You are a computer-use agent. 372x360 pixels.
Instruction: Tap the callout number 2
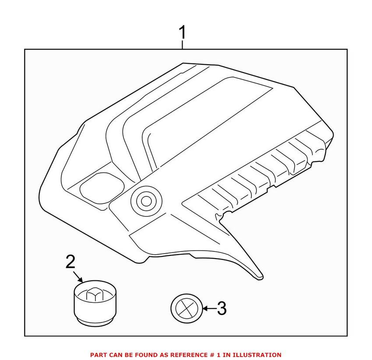70,262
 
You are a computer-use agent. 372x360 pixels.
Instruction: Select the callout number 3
222,309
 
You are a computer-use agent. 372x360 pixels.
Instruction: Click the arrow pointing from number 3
208,309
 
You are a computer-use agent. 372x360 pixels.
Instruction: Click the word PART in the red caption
98,355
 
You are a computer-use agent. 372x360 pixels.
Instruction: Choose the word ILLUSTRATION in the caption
258,355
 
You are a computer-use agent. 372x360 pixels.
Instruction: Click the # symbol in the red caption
214,355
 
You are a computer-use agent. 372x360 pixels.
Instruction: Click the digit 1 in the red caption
221,355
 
